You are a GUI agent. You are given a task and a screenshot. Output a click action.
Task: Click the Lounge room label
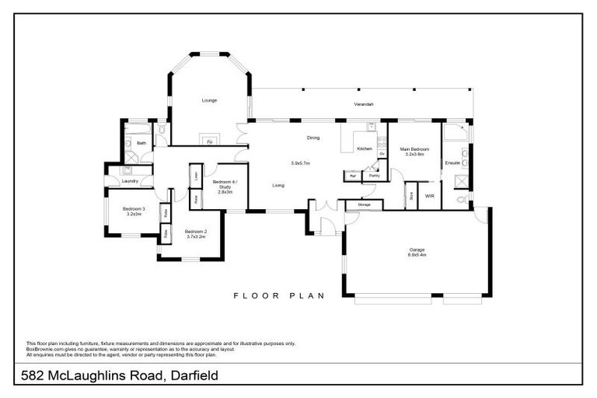tap(209, 100)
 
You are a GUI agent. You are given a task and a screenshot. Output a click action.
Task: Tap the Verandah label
tap(364, 104)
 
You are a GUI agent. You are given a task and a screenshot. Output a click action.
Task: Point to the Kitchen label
tap(364, 148)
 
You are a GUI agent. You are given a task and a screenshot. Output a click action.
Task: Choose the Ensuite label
tap(452, 163)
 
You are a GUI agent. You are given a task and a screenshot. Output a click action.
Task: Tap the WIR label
tap(429, 196)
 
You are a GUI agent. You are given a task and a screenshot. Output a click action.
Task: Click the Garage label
tap(417, 250)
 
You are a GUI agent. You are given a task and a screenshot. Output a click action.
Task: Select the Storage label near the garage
tap(365, 204)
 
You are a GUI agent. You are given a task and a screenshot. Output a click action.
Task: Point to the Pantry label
tap(374, 176)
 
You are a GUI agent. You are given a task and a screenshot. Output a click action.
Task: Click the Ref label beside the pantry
tap(352, 176)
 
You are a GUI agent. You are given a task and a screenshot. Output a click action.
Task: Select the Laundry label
tap(131, 181)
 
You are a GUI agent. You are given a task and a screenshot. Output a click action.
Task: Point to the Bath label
tap(141, 143)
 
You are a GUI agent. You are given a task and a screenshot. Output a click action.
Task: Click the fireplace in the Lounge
tap(209, 141)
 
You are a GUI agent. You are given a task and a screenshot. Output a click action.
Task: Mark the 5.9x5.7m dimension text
tap(300, 163)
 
